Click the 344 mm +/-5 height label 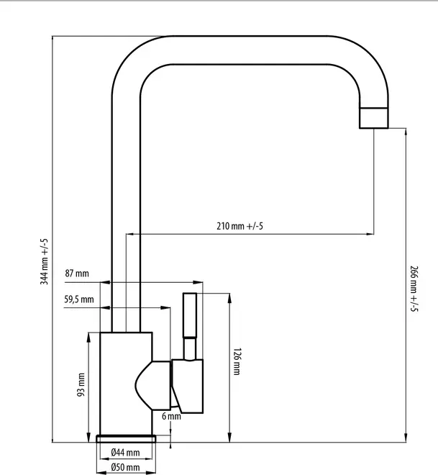click(x=45, y=262)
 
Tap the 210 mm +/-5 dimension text click(x=239, y=226)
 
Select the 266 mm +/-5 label click(x=414, y=289)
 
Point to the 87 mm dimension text click(x=77, y=273)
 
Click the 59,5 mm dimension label click(x=78, y=299)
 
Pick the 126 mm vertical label click(x=237, y=362)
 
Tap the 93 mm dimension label click(x=81, y=384)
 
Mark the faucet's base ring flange click(x=126, y=438)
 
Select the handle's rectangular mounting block click(x=187, y=385)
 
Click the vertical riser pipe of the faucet click(x=126, y=216)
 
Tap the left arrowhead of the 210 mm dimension click(x=129, y=233)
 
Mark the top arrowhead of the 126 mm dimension click(x=229, y=296)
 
